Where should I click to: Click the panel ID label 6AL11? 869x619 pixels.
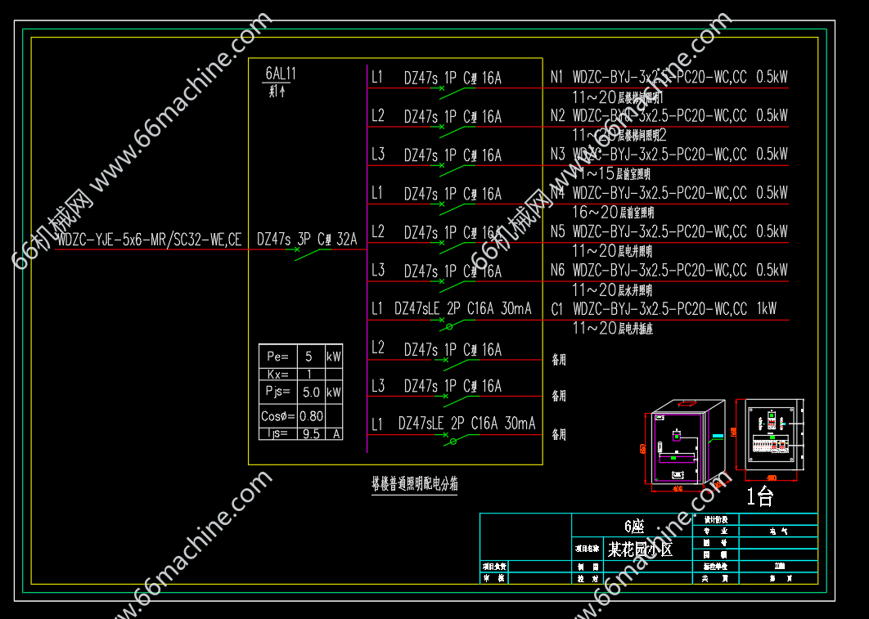click(x=281, y=74)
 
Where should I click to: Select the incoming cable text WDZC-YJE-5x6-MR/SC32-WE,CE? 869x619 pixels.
click(x=149, y=240)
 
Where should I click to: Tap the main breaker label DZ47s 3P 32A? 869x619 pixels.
click(x=307, y=240)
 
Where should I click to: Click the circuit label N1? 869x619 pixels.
click(x=557, y=78)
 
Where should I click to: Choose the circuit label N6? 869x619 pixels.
click(x=557, y=270)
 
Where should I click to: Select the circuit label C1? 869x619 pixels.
click(x=557, y=309)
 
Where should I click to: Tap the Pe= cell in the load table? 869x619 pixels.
click(x=277, y=357)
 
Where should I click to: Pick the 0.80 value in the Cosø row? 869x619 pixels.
click(x=311, y=415)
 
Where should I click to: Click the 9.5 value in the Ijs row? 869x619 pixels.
click(x=311, y=433)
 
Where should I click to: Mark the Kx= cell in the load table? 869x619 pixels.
click(x=277, y=375)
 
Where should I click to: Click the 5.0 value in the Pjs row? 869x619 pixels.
click(x=311, y=392)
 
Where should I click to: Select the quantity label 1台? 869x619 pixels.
click(x=759, y=496)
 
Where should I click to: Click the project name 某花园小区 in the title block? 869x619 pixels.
click(x=640, y=549)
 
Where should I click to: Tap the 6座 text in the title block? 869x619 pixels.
click(x=634, y=526)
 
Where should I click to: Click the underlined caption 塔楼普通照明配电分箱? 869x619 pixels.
click(x=414, y=484)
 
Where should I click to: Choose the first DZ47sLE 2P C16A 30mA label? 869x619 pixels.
click(x=462, y=309)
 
